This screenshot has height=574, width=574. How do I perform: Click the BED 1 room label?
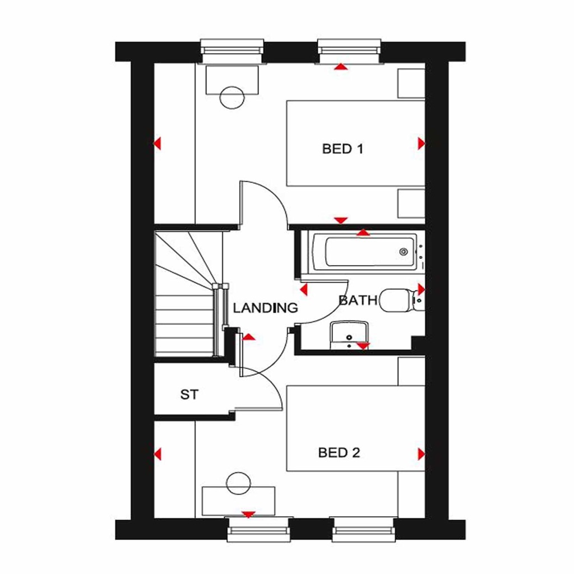pos(342,149)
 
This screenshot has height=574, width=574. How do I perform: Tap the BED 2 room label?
pos(339,452)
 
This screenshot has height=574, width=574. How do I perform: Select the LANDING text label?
pos(265,308)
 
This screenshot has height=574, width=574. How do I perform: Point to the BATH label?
pos(358,300)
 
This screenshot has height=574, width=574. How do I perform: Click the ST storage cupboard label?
pos(189,395)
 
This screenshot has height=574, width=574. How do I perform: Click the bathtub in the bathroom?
pos(364,252)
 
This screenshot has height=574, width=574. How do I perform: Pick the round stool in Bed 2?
pos(238,483)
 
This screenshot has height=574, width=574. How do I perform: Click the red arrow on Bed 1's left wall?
pos(158,143)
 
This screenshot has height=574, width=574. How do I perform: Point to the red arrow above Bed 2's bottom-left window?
pos(248,514)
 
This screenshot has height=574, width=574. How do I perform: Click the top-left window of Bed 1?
pos(232,50)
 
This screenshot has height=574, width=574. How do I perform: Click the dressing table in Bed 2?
pos(239,501)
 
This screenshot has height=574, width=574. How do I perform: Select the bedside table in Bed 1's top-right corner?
pos(411,84)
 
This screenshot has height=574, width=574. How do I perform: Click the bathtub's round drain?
pos(403,252)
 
